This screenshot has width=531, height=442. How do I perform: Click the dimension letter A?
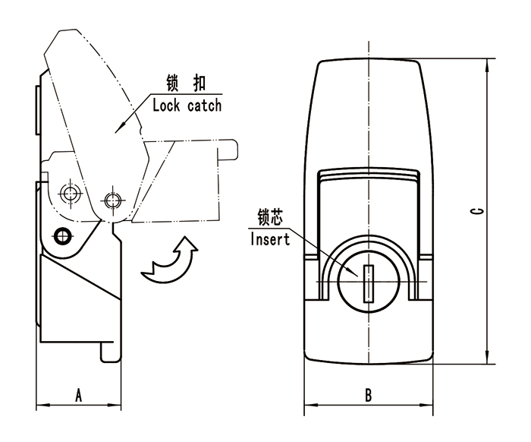click(x=78, y=394)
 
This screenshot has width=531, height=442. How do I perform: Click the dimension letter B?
click(x=368, y=395)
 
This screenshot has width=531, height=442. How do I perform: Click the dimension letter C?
click(x=473, y=210)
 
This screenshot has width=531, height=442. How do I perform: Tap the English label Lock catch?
click(x=187, y=105)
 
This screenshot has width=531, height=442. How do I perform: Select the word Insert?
click(x=269, y=241)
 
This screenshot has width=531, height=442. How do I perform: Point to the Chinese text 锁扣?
click(x=187, y=82)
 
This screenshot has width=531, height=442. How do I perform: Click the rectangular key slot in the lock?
click(x=369, y=283)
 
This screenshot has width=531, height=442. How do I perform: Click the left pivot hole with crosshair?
click(x=71, y=193)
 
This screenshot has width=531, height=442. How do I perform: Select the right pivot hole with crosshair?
click(x=113, y=200)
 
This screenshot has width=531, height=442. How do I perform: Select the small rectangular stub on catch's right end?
click(x=228, y=150)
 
